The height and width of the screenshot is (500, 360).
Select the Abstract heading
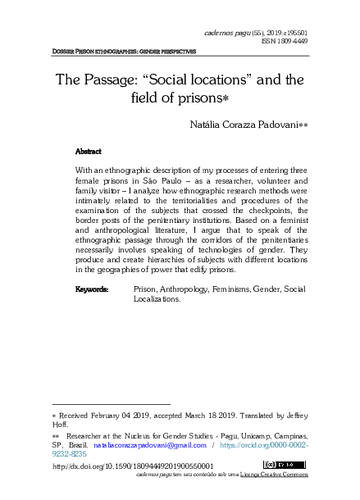(88, 152)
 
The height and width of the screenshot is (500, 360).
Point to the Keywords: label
(92, 289)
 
